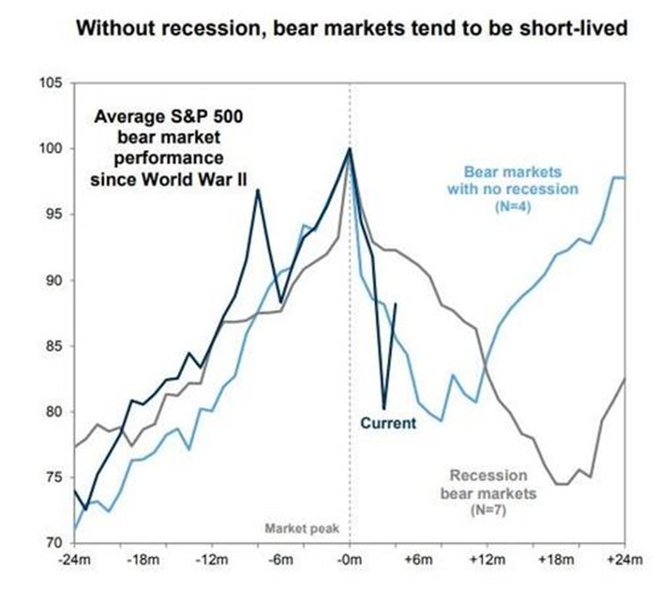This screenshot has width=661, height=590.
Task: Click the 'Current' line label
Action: pyautogui.click(x=388, y=423)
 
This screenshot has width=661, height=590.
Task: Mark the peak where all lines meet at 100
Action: pyautogui.click(x=349, y=148)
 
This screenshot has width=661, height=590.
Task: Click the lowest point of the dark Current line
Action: pyautogui.click(x=383, y=407)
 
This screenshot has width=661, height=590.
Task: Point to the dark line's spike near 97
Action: pyautogui.click(x=257, y=189)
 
